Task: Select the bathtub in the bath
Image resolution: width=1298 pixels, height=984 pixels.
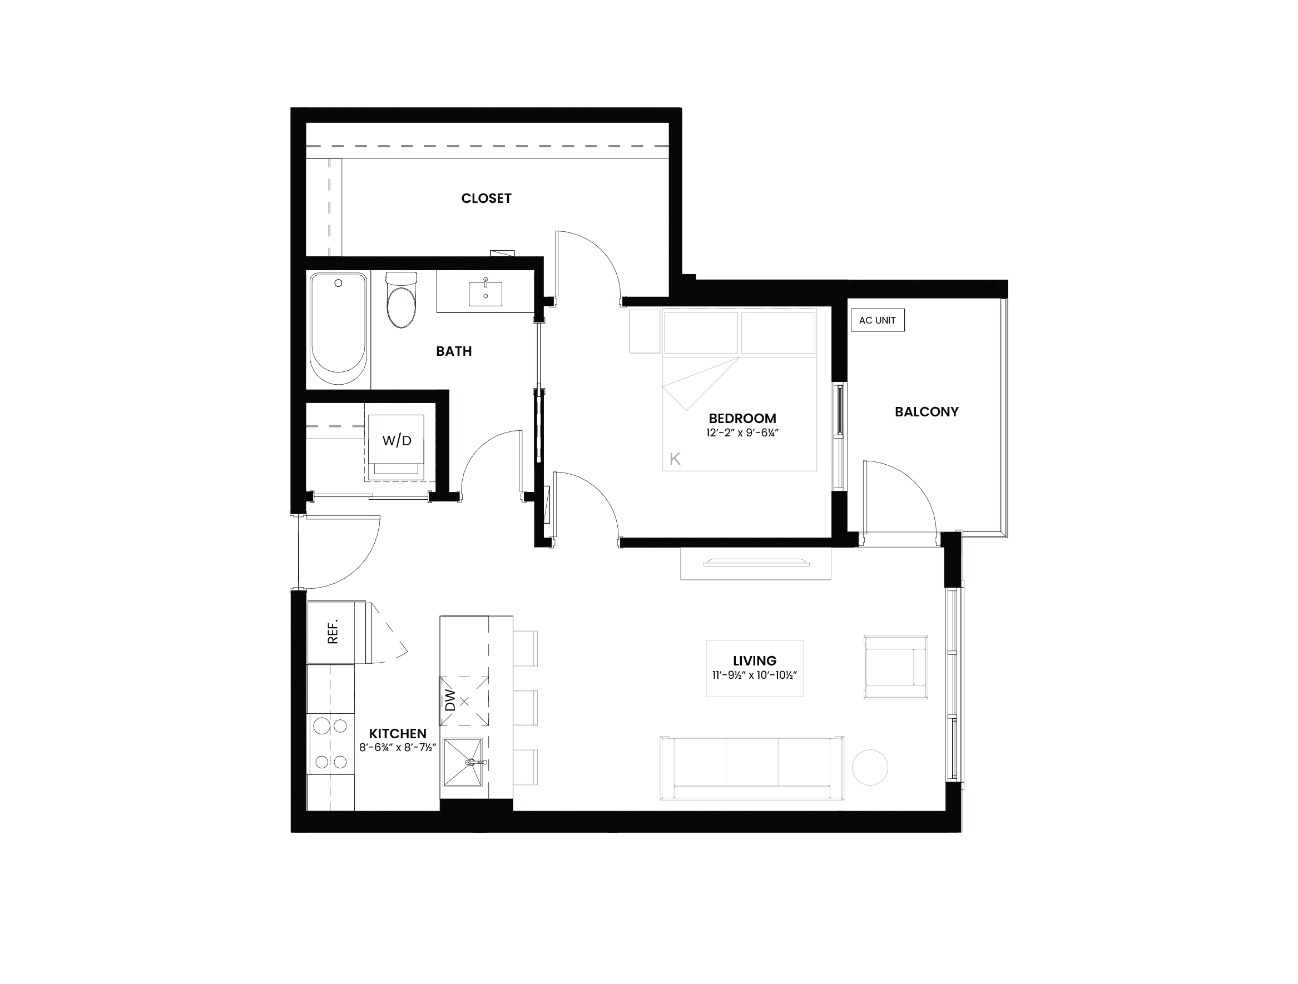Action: coord(338,329)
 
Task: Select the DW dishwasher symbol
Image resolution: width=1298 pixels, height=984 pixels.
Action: coord(464,700)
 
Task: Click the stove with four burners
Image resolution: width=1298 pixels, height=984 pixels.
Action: coord(330,744)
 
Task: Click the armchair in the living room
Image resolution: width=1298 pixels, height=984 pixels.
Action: coord(895,667)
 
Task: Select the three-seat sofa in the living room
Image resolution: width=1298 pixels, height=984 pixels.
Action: coord(752,768)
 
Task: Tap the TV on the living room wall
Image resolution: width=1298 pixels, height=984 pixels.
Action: coord(756,563)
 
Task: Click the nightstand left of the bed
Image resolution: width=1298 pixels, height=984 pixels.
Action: coord(645,331)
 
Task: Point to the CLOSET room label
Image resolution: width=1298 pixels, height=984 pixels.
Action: coord(487,198)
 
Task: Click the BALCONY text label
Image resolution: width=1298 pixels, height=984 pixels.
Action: coord(927,412)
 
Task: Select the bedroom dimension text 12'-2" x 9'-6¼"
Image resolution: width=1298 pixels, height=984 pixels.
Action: coord(742,433)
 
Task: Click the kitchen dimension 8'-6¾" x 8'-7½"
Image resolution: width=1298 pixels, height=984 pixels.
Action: coord(398,748)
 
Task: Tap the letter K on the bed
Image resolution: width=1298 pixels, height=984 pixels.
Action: coord(675,459)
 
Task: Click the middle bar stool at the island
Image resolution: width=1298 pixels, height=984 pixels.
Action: coord(526,708)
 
